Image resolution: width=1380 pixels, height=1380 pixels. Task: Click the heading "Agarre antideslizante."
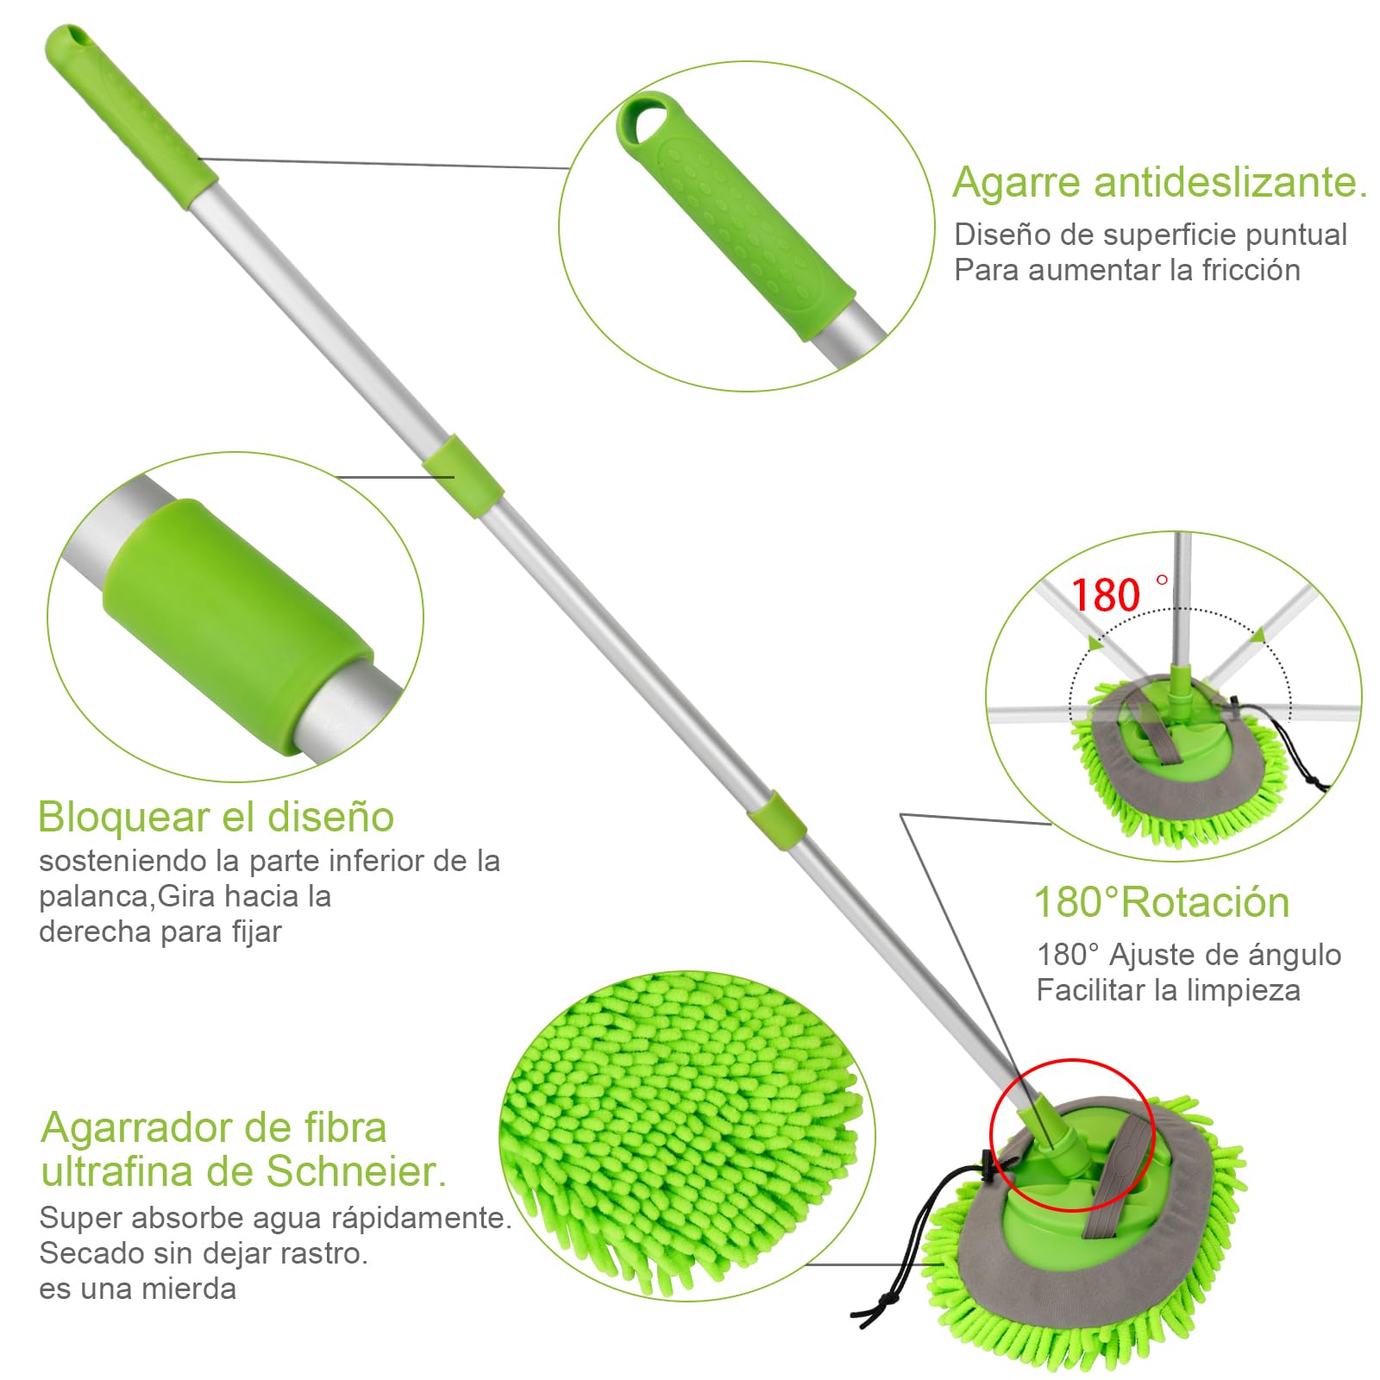[x=1160, y=182]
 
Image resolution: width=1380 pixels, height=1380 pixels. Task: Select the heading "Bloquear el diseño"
[x=216, y=817]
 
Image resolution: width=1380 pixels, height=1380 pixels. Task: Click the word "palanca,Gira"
[x=127, y=897]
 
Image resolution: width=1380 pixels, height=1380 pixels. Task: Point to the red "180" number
[x=1105, y=595]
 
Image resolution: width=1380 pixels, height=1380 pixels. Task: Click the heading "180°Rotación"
[x=1162, y=902]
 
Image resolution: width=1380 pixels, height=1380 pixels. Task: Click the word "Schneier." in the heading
[x=356, y=1170]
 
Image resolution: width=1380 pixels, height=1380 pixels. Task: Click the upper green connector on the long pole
[x=463, y=477]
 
